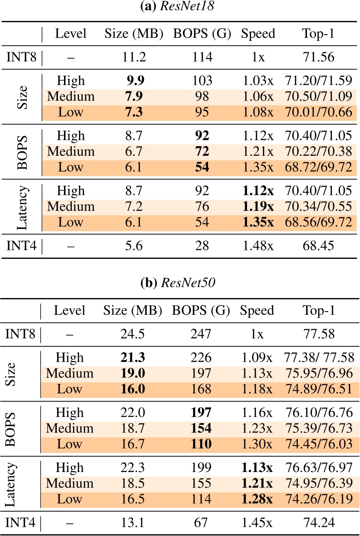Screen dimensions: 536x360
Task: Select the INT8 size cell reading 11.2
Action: (133, 58)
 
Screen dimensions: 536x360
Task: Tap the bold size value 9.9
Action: (134, 81)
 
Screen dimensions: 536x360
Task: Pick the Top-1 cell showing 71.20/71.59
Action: (318, 81)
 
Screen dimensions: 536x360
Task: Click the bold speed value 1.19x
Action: (257, 207)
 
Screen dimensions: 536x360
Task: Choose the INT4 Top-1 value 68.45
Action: (318, 246)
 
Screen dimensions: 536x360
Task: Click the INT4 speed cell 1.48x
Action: (257, 246)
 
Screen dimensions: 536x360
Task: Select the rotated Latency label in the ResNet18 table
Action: (20, 207)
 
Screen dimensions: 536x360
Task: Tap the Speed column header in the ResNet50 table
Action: (257, 311)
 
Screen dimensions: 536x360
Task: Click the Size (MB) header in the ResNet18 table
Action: (133, 33)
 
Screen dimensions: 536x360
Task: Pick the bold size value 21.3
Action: (133, 358)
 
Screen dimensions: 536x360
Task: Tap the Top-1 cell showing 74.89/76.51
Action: (318, 389)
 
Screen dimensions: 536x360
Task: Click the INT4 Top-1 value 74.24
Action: (318, 523)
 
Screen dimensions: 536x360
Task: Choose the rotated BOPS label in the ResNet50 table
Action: (20, 428)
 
